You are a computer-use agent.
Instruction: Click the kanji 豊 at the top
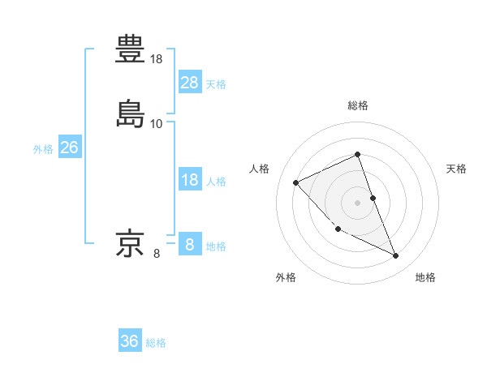pyautogui.click(x=131, y=49)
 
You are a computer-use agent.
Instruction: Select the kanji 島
pyautogui.click(x=131, y=113)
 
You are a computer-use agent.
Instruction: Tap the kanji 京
pyautogui.click(x=131, y=243)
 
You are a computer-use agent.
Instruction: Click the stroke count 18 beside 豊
pyautogui.click(x=157, y=59)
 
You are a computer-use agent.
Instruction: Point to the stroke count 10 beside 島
pyautogui.click(x=157, y=123)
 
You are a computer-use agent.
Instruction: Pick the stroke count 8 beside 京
pyautogui.click(x=157, y=254)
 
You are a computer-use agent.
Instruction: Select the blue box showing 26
pyautogui.click(x=70, y=148)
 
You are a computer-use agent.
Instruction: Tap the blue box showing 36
pyautogui.click(x=130, y=341)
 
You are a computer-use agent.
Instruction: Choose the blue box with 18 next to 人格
pyautogui.click(x=190, y=180)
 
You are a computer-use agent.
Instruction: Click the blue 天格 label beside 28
pyautogui.click(x=216, y=83)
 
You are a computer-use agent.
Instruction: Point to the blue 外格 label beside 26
pyautogui.click(x=42, y=149)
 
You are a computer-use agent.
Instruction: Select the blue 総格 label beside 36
pyautogui.click(x=156, y=343)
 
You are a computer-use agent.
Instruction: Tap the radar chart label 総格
pyautogui.click(x=358, y=105)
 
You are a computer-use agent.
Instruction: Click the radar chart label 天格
pyautogui.click(x=457, y=169)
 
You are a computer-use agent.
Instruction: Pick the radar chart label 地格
pyautogui.click(x=425, y=277)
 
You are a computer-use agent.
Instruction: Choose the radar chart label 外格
pyautogui.click(x=286, y=277)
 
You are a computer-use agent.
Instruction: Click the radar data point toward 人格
pyautogui.click(x=296, y=182)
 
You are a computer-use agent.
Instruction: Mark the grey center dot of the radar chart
pyautogui.click(x=358, y=203)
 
